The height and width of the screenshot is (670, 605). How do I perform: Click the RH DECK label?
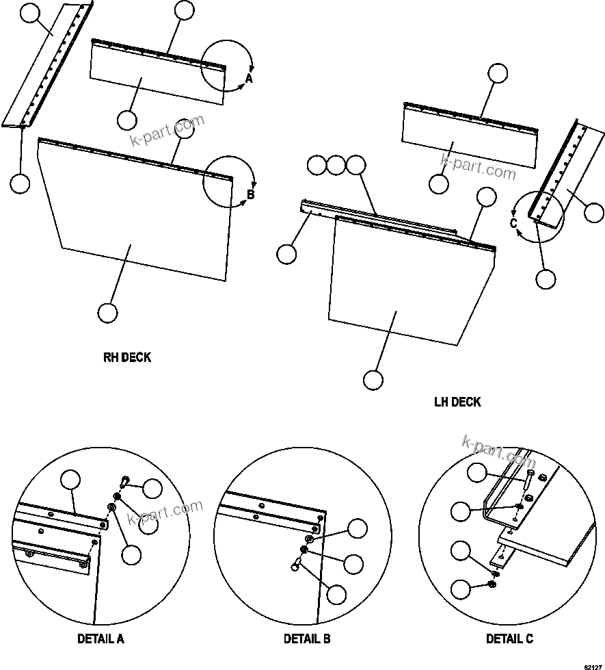(x=127, y=357)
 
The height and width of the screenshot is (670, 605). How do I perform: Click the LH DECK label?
(x=457, y=402)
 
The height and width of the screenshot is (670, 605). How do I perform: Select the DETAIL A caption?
(x=100, y=639)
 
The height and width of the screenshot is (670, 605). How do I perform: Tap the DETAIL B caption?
(x=307, y=639)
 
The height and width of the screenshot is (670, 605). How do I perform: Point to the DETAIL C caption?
(x=509, y=639)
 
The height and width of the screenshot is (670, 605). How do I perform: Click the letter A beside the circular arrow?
(x=249, y=79)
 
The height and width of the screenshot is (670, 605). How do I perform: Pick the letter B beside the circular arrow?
(x=250, y=195)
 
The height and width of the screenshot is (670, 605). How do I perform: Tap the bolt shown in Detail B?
(x=297, y=565)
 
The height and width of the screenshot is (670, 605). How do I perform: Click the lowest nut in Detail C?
(x=494, y=583)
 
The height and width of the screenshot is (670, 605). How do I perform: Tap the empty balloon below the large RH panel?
(x=107, y=313)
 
